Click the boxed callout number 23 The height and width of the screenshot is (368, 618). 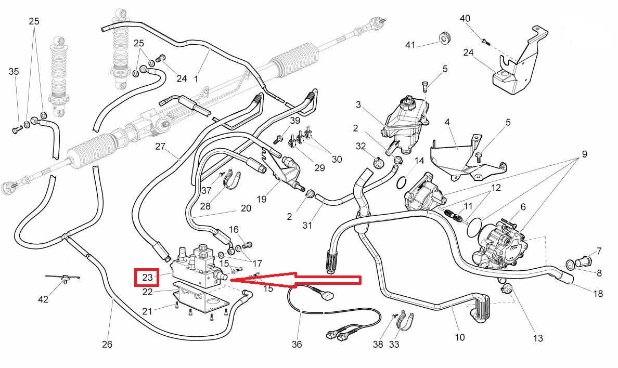(x=147, y=277)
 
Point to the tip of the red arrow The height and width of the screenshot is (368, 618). (x=230, y=280)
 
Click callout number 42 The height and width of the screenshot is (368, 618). (x=43, y=299)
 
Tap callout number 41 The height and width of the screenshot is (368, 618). (x=410, y=45)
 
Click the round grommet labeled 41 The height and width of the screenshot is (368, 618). (x=444, y=37)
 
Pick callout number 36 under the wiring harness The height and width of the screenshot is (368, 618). (x=297, y=344)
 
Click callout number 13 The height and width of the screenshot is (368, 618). (x=538, y=338)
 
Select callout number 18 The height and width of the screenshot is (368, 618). (x=598, y=294)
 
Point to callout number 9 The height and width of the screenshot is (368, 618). (x=584, y=154)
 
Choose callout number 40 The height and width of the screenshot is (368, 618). (x=465, y=19)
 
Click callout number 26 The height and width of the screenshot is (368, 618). (x=107, y=344)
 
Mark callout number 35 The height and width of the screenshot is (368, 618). (x=14, y=72)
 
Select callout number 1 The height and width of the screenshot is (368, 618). (x=196, y=79)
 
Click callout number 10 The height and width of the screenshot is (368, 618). (x=459, y=337)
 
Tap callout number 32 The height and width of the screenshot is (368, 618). (x=361, y=147)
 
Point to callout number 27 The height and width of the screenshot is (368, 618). (x=160, y=147)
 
